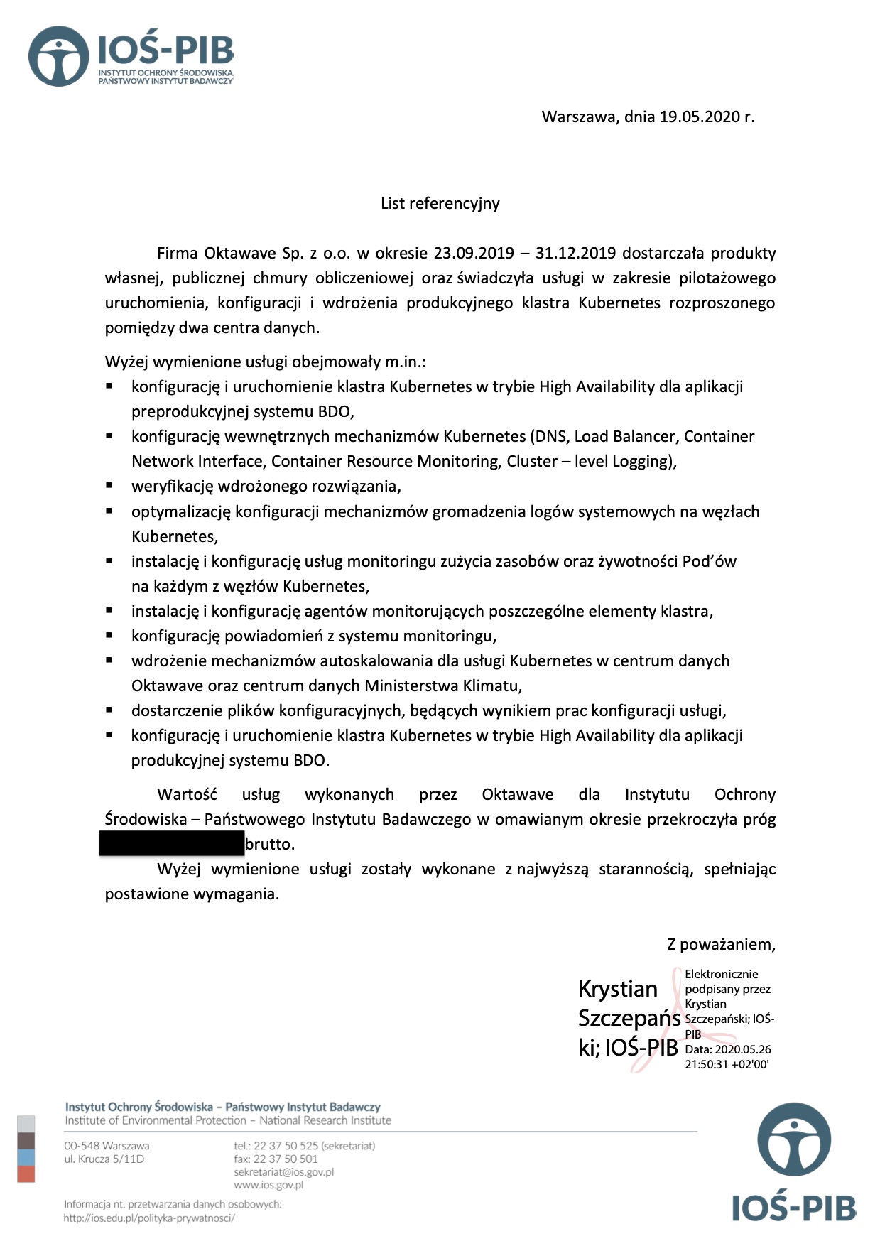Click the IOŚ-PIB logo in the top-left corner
(131, 56)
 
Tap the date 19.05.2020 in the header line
(700, 117)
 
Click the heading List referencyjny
(440, 204)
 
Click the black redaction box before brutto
(172, 843)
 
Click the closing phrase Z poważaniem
(720, 945)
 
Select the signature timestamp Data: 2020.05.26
(727, 1050)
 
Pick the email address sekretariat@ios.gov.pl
(283, 1172)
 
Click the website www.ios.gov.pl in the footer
(268, 1185)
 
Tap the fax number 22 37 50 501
(285, 1159)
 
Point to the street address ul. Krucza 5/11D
(104, 1159)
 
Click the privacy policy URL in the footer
(149, 1218)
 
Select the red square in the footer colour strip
(26, 1174)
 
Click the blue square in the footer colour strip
(26, 1157)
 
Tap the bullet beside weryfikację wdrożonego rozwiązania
(109, 486)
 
